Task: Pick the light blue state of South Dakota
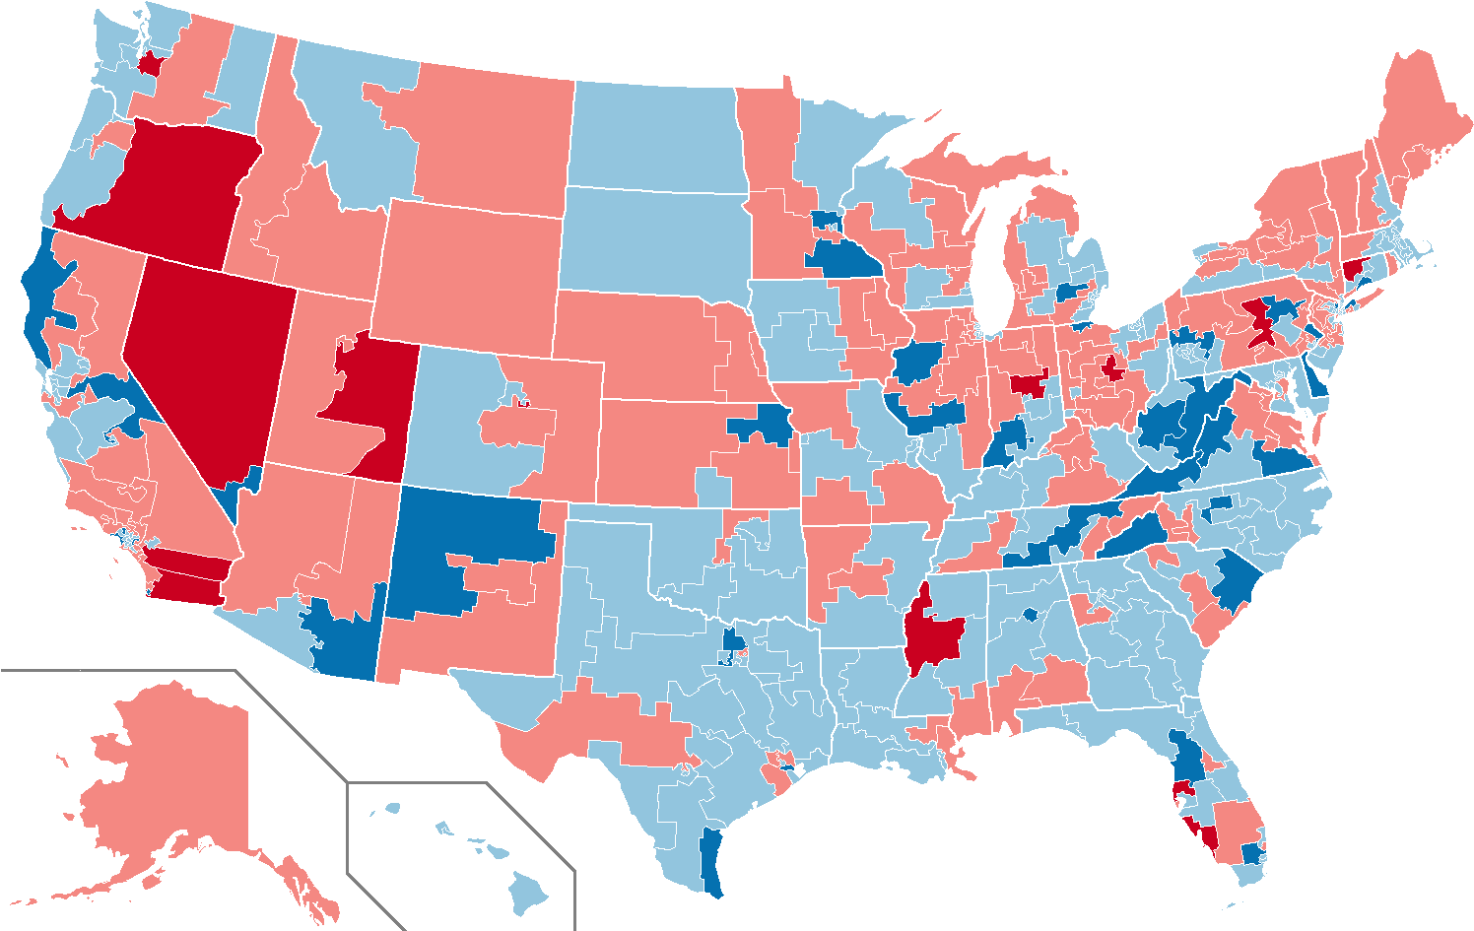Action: pos(655,241)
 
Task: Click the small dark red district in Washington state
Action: pos(153,64)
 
